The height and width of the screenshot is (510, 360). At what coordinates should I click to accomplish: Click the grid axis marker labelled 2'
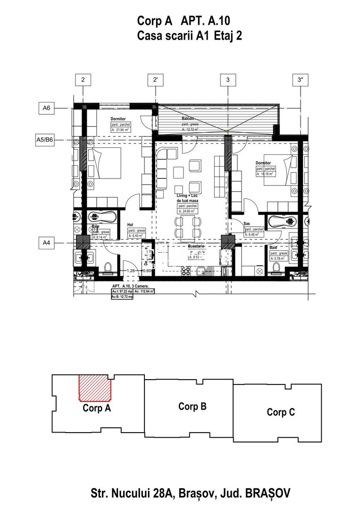155,80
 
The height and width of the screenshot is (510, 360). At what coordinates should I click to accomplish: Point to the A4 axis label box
46,243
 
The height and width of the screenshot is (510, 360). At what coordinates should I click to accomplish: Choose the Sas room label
247,223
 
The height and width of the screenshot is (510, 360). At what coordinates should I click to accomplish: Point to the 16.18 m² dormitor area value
265,174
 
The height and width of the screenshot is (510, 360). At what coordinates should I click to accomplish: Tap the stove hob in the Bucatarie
186,271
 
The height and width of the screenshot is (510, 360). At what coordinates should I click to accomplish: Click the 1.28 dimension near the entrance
131,271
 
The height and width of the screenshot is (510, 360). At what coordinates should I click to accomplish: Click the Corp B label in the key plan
192,406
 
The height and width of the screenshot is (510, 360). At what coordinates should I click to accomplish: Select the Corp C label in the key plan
281,412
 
